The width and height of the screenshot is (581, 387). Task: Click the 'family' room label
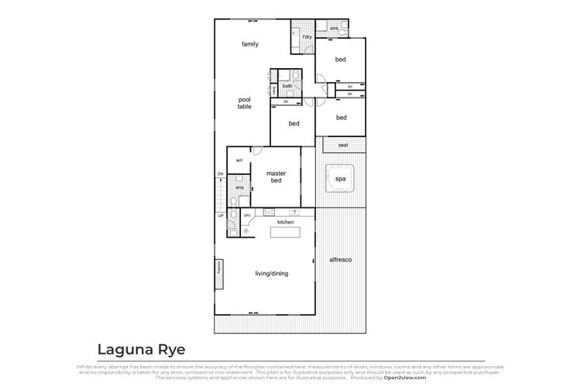[x=249, y=44]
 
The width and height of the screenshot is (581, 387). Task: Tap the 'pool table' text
[x=245, y=103]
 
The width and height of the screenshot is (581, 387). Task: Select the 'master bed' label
[x=277, y=177]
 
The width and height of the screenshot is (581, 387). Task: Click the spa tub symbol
[x=339, y=179]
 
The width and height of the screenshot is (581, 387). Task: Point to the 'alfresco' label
[x=341, y=259]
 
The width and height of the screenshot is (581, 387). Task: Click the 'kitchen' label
[x=286, y=222]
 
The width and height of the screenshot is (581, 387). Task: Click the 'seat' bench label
[x=342, y=145]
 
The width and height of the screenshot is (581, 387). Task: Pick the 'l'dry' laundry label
[x=307, y=37]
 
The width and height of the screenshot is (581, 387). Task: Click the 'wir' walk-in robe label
[x=239, y=160]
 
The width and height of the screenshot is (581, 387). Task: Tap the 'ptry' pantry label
[x=247, y=214]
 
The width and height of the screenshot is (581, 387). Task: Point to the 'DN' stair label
[x=220, y=174]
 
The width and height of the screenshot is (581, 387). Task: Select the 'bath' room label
[x=287, y=86]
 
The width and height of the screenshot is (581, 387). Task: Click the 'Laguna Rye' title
[x=141, y=349]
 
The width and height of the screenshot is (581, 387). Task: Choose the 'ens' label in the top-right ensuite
[x=334, y=29]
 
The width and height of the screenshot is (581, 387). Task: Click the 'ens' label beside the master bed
[x=240, y=187]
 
